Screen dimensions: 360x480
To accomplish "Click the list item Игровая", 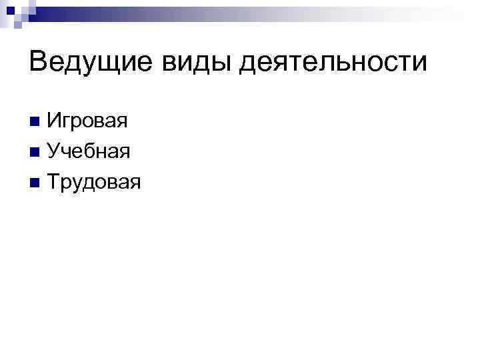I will coord(87,123).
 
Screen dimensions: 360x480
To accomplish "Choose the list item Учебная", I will coord(88,153).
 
